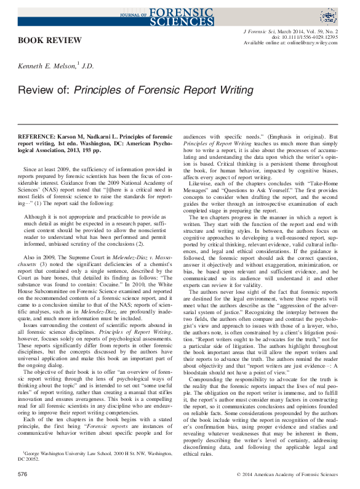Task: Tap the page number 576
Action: (x=23, y=475)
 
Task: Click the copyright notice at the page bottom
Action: (x=287, y=475)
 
